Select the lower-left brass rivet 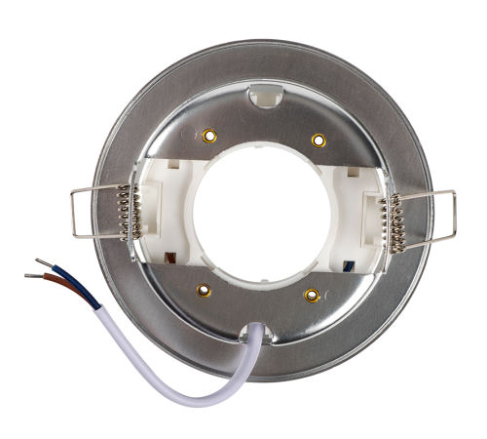203,289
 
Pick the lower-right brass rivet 311,293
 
